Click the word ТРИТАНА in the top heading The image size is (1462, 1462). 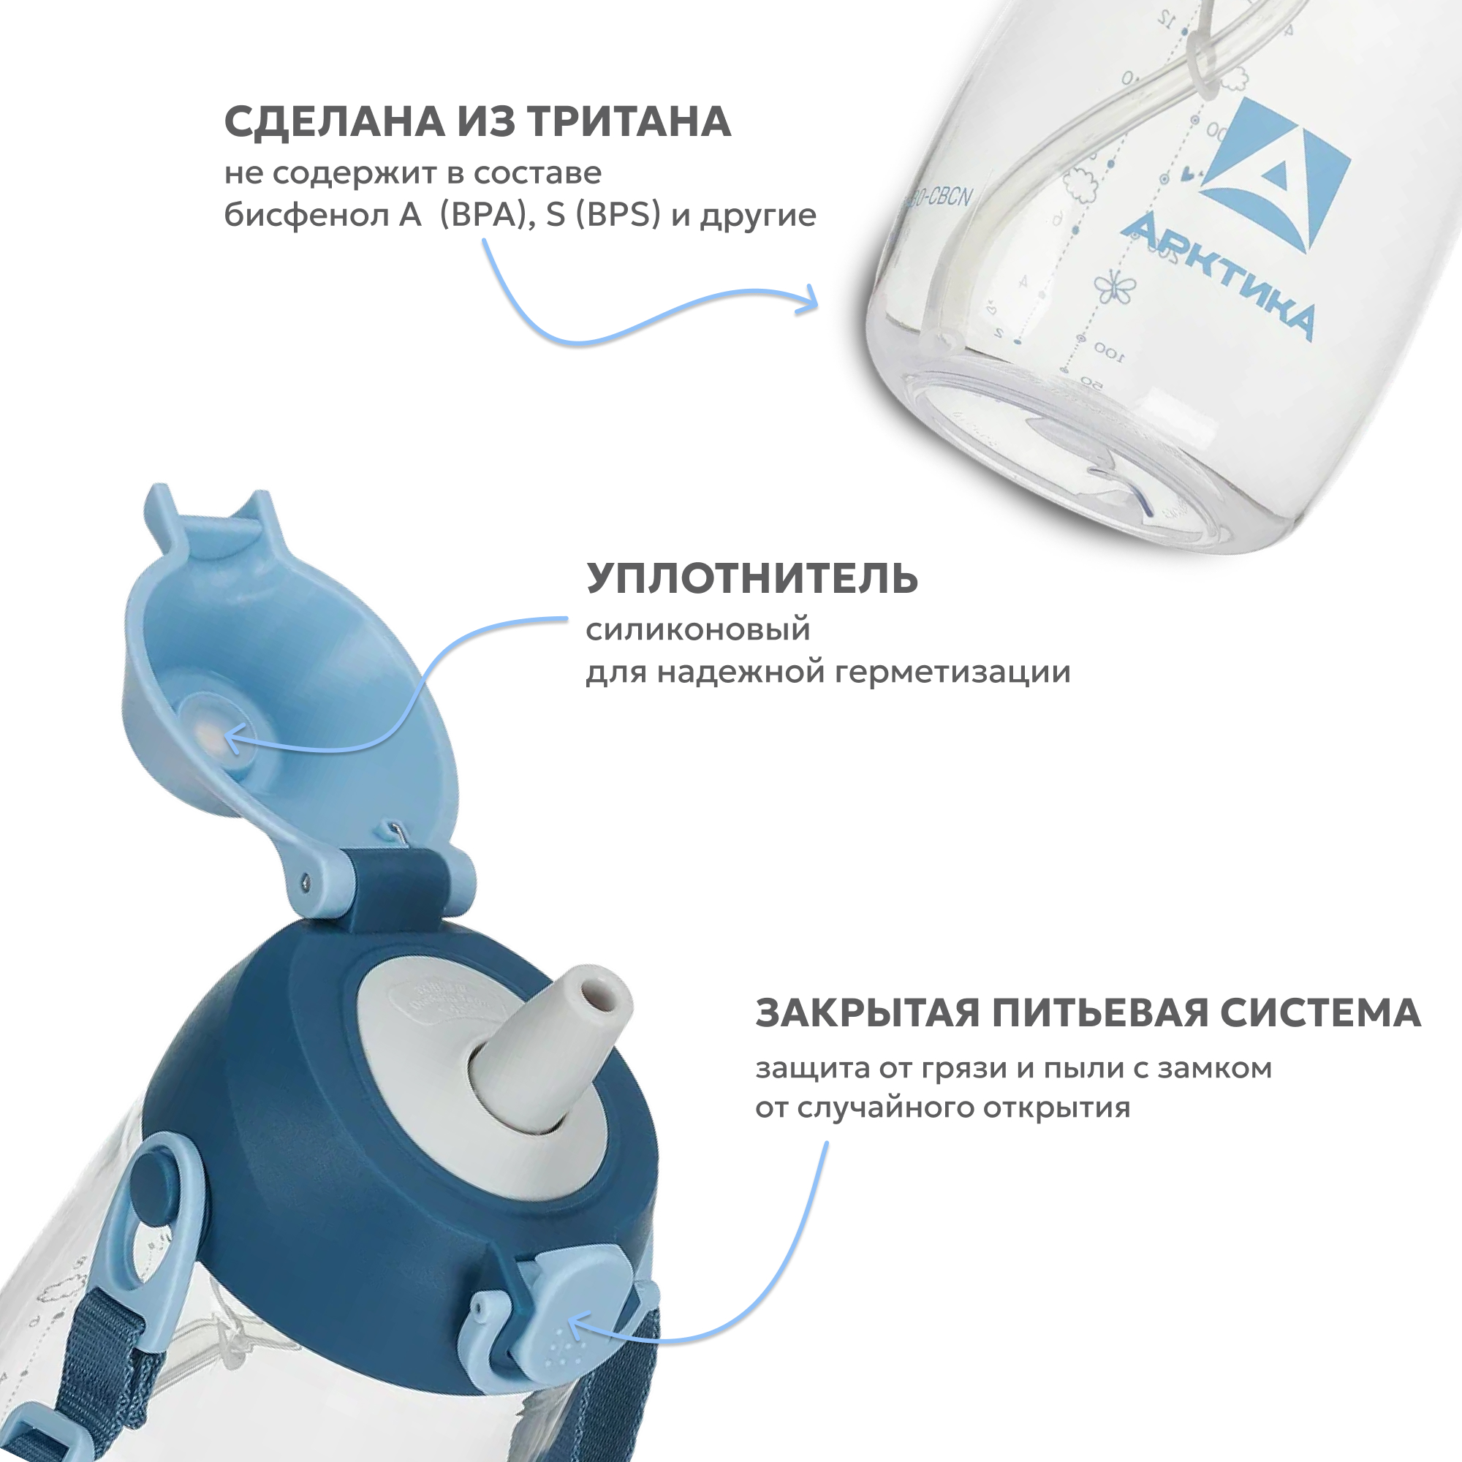[x=629, y=122]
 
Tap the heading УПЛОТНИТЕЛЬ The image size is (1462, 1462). [x=752, y=580]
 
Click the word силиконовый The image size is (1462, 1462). [x=697, y=629]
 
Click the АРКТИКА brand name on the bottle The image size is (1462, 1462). [x=1219, y=277]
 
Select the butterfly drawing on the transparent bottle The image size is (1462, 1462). [x=1116, y=289]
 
